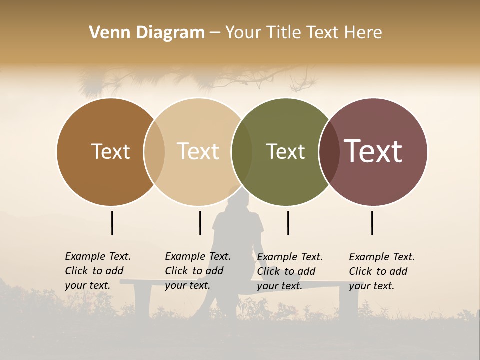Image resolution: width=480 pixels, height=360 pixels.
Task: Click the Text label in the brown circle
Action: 110,151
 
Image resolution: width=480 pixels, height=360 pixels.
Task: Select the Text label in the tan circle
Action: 198,151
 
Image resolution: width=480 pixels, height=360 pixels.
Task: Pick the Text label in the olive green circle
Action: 285,151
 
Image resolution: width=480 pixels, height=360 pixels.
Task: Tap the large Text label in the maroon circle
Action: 373,151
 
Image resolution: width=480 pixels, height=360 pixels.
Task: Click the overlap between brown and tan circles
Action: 154,152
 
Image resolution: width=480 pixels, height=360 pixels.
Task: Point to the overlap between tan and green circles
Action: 242,152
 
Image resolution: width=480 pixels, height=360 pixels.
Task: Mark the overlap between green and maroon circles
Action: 329,152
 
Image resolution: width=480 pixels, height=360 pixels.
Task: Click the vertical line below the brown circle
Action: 112,223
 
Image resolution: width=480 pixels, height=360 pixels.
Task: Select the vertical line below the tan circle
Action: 200,223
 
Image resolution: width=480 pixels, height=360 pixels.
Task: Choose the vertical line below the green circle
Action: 288,223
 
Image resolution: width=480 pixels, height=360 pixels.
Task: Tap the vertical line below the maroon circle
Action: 372,223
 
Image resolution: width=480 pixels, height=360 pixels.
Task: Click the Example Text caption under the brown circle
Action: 98,271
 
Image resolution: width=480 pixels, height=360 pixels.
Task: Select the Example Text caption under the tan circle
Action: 198,271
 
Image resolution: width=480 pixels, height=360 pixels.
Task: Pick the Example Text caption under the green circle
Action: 290,271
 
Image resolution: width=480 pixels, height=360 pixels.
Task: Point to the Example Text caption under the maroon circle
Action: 382,271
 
